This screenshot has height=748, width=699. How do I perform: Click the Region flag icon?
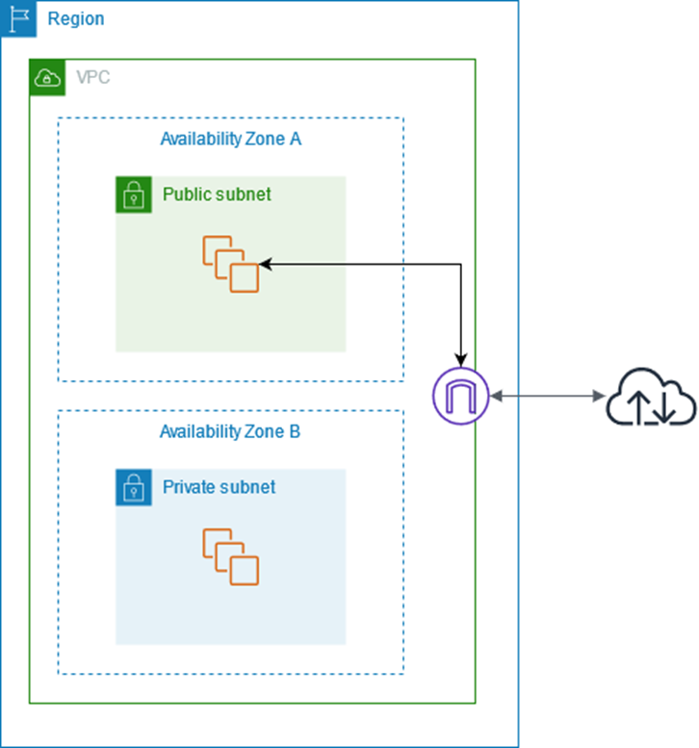coord(18,18)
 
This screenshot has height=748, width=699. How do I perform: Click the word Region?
coord(76,19)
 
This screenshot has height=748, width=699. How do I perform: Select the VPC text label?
coord(92,78)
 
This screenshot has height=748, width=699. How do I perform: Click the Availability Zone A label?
coord(230,139)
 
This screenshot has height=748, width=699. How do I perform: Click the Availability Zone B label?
coord(230,431)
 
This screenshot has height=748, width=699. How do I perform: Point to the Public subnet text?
coord(217,194)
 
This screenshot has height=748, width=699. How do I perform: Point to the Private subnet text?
coord(219,487)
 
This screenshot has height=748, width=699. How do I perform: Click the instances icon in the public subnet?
coord(231,264)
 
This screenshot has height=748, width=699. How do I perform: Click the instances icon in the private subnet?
coord(231,556)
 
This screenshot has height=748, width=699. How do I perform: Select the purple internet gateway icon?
coord(462,395)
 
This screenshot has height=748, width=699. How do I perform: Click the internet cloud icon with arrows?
coord(650,396)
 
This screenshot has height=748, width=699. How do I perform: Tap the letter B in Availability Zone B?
coord(295,431)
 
